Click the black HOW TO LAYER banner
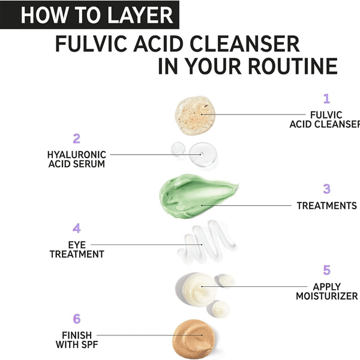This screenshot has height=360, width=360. coord(89,15)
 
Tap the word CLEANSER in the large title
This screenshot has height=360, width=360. coord(245,44)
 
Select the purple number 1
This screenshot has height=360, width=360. coord(326,99)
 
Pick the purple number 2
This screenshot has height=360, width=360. coord(76,139)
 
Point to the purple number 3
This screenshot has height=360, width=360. coord(327,189)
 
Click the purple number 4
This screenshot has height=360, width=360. coord(76,228)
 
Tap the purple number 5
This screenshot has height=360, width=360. coord(327,270)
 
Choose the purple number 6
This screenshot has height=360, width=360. coord(77,319)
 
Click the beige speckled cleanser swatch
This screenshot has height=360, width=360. coord(195,115)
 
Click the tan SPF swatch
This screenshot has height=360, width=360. coord(194,339)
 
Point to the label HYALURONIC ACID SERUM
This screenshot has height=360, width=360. coord(77,160)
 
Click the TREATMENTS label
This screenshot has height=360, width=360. coord(327,206)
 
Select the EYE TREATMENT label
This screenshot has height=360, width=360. coord(77,250)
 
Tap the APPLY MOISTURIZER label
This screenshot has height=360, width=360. coord(327,292)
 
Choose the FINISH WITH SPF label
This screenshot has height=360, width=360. coord(77,340)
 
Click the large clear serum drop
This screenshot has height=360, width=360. coord(203,154)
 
